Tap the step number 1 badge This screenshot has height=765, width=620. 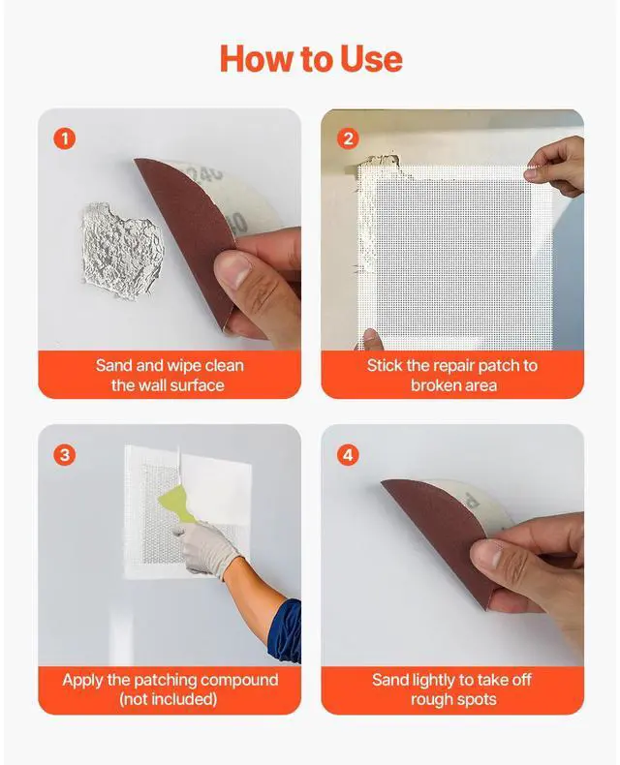(x=65, y=138)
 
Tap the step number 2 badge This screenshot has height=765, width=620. (x=348, y=138)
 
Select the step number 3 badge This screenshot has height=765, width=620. (x=65, y=454)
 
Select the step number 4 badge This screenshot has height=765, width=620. (x=348, y=454)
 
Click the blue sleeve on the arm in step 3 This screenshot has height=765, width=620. (x=287, y=629)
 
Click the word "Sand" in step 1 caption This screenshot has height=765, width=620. (x=113, y=366)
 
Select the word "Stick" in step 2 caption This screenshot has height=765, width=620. (x=386, y=366)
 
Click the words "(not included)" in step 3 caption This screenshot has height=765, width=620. (x=170, y=699)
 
